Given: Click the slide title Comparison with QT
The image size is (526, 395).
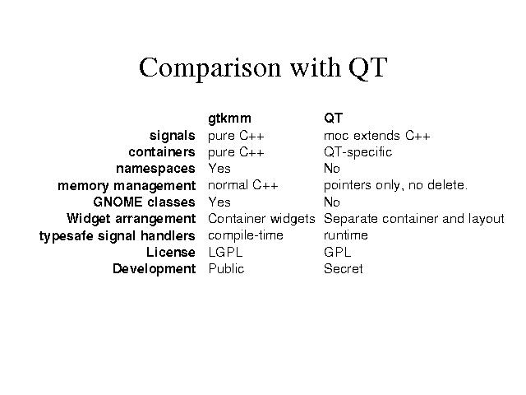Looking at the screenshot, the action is point(263,67).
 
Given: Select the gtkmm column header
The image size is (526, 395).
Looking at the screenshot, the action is point(229,118).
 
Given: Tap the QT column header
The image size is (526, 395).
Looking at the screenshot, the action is point(333,118).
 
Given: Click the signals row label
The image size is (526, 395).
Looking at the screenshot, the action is point(172,136).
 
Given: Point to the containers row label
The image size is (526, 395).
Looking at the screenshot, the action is point(162,152).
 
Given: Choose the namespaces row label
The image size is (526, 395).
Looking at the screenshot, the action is point(155,169).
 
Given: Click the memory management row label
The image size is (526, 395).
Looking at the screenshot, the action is point(127,186).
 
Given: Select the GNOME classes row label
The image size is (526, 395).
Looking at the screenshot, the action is point(145,202).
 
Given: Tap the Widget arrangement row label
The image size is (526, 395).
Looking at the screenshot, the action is point(131,219).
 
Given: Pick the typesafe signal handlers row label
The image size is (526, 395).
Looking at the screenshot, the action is point(117,236).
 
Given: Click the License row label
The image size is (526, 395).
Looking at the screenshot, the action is point(171,253).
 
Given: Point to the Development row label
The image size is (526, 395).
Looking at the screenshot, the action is point(155,269).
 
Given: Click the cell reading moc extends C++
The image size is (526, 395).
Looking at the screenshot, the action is point(376,136).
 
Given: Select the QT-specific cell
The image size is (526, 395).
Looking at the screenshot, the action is point(358,152).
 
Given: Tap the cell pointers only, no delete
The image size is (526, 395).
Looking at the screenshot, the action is point(395,186).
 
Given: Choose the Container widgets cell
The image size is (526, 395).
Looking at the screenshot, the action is point(261,219).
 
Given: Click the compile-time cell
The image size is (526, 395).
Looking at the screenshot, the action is point(246,236).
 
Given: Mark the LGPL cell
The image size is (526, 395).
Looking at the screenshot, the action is point(225,253).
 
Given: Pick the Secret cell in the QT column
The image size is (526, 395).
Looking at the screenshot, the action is point(344,269).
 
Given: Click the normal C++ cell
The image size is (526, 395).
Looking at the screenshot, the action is point(243,185).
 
